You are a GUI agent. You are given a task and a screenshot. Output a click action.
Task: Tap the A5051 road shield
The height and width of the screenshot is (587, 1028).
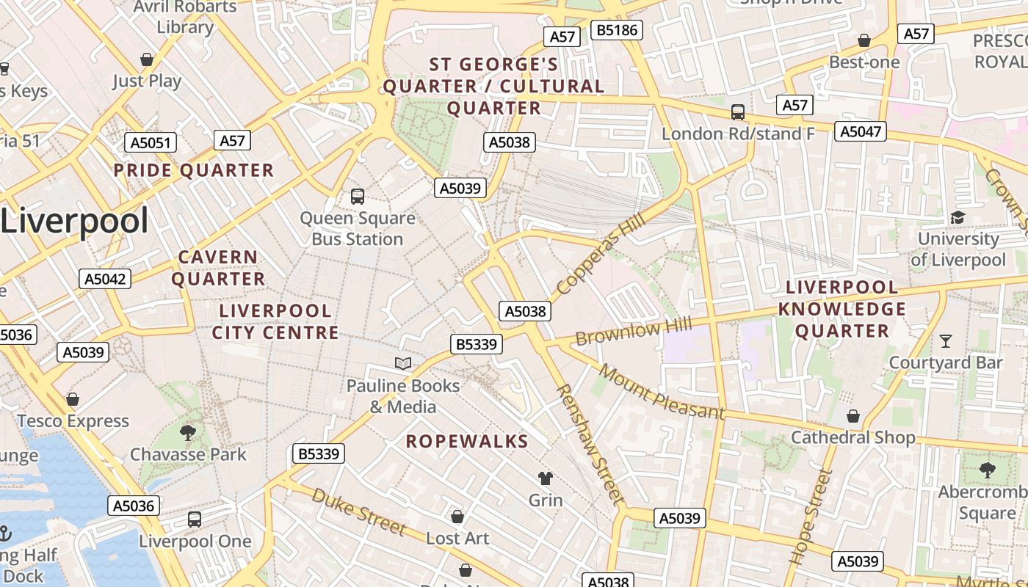[x=150, y=142]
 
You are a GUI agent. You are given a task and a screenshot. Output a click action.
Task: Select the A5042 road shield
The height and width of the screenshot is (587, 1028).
[x=105, y=279]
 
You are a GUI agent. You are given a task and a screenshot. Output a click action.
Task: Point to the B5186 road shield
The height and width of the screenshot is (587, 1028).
[x=618, y=30]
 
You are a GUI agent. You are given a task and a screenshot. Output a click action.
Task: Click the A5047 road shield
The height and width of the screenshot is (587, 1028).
[x=861, y=131]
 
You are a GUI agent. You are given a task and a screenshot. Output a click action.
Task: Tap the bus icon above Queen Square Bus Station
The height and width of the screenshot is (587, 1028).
[x=358, y=196]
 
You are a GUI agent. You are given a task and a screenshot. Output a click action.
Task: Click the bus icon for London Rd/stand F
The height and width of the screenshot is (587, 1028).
[x=738, y=112]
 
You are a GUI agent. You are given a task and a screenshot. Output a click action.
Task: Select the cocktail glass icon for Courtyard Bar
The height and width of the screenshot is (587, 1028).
[x=945, y=341]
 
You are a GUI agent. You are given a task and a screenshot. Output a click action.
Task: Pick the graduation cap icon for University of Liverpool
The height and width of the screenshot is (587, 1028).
[x=958, y=217]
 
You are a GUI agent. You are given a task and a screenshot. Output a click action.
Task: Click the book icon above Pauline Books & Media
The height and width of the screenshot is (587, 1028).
[x=402, y=363]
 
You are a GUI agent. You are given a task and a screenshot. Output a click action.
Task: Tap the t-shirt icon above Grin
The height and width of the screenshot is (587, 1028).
[x=545, y=478]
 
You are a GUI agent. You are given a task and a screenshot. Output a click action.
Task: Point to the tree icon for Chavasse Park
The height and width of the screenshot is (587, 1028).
[x=188, y=432]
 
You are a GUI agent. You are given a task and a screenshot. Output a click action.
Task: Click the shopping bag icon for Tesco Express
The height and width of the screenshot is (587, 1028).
[x=73, y=399]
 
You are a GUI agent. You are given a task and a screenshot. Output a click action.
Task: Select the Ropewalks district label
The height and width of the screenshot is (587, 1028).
[x=467, y=441]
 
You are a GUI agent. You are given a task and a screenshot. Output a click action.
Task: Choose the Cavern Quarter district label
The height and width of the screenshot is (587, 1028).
[x=218, y=268]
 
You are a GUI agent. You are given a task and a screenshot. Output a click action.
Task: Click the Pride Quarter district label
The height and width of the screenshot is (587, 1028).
[x=193, y=171]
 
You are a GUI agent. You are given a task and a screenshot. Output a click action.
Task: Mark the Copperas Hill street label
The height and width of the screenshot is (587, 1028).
[x=601, y=255]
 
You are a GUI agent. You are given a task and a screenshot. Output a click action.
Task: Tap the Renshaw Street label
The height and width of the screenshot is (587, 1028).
[x=590, y=444]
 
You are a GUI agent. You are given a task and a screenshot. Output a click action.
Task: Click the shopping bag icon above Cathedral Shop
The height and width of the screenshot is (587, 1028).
[x=853, y=416]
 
